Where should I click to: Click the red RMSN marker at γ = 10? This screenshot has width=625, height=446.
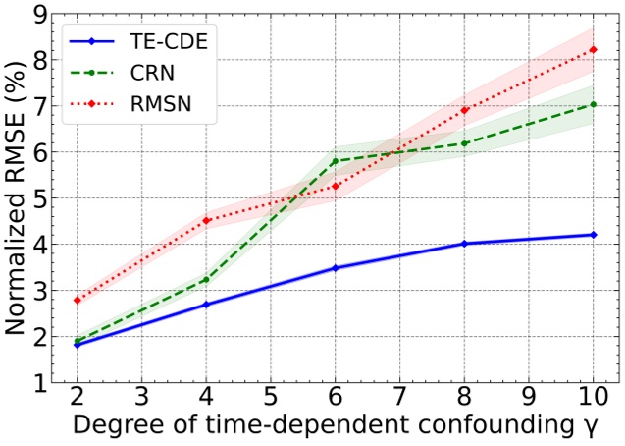coord(594,50)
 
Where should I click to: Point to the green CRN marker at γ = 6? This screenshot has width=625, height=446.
coord(336,161)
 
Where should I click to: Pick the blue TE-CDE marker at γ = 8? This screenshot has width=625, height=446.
coord(464,244)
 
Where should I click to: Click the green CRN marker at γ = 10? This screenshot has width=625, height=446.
coord(594,104)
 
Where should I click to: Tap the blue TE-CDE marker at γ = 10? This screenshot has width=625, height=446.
coord(594,235)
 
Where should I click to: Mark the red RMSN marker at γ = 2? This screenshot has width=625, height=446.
coord(77,300)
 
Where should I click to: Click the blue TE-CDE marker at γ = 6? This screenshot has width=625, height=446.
coord(336,268)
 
